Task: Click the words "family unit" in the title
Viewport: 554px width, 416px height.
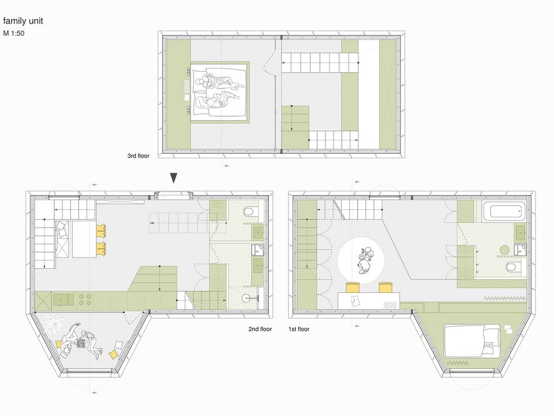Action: (23, 21)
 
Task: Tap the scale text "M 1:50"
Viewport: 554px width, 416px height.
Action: (14, 34)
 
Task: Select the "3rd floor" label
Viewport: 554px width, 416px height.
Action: (138, 155)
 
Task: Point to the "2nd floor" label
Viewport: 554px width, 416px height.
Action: (260, 329)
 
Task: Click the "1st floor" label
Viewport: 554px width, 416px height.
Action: (299, 329)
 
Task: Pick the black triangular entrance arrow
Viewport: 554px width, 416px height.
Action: (174, 178)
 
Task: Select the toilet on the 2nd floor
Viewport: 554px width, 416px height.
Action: (249, 212)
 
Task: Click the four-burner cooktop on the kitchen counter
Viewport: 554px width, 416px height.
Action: (85, 300)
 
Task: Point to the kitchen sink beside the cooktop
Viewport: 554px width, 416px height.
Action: (63, 300)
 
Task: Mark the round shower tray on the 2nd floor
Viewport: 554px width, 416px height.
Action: (248, 298)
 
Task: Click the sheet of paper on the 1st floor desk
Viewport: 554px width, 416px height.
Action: (355, 301)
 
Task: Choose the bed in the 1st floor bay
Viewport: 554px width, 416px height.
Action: (472, 341)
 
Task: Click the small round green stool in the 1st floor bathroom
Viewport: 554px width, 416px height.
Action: (504, 250)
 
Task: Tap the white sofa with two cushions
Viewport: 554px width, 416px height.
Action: (62, 239)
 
